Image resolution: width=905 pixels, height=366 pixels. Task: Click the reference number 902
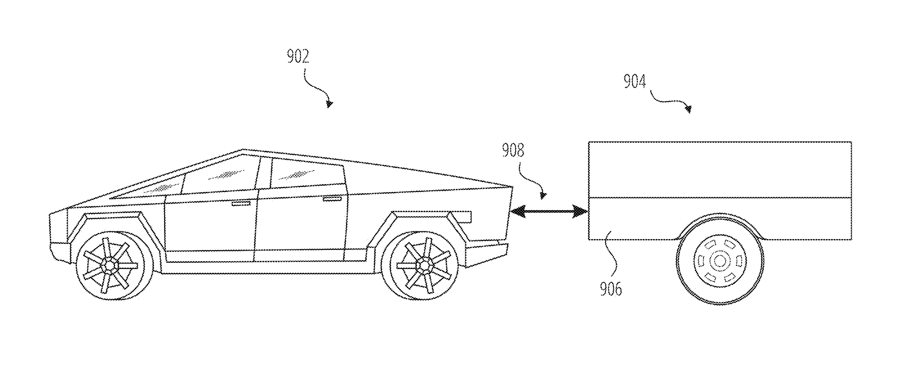[x=298, y=57]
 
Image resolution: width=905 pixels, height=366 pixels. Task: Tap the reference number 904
[x=635, y=81]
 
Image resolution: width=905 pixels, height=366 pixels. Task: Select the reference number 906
[x=611, y=289]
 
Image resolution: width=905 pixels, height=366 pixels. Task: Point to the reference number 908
[x=513, y=150]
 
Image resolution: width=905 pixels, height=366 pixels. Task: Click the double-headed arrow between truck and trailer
[x=548, y=211]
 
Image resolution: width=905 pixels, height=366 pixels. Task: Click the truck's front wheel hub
[x=110, y=265]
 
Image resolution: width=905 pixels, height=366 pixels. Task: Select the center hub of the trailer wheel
[x=720, y=261]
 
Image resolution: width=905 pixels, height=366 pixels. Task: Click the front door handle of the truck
[x=241, y=204]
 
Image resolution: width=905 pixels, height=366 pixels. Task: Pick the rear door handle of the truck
[x=332, y=199]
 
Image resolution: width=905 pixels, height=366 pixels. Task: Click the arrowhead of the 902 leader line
[x=330, y=104]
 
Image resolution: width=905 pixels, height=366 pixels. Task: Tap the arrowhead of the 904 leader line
[x=689, y=109]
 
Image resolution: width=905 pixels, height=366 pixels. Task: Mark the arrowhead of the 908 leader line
[x=544, y=195]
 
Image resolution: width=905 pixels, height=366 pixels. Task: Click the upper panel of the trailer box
[x=720, y=170]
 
